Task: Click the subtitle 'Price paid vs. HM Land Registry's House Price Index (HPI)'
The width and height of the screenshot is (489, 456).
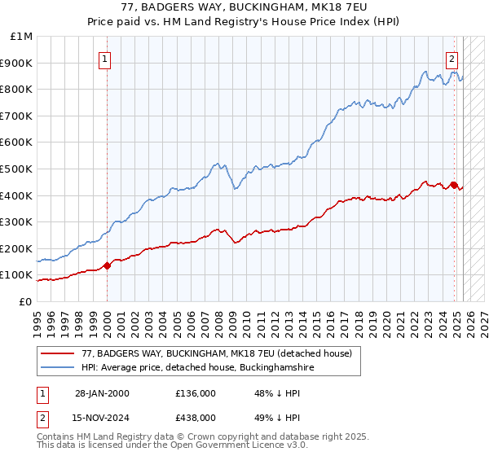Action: tap(244, 23)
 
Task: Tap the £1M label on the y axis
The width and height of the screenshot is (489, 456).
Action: tap(22, 36)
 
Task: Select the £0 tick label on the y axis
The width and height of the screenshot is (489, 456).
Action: tap(25, 301)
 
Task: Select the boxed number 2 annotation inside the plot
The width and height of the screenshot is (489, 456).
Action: tap(452, 58)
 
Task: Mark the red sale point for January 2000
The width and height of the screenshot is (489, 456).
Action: tap(108, 265)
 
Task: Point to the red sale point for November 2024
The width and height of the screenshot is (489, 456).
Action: tap(454, 185)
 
